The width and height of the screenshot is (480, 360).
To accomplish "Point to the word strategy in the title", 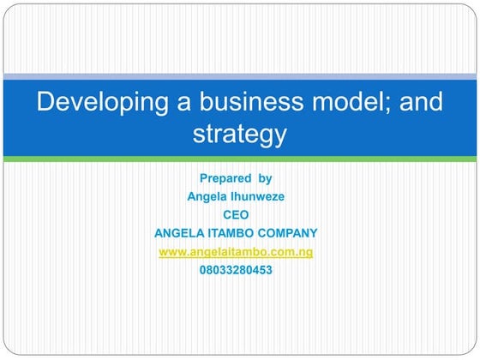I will click(239, 134).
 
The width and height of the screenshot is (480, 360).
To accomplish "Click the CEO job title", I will click(236, 214).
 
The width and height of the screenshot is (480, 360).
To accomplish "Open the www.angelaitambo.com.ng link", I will click(236, 251).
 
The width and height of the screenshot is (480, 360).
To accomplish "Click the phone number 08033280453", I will click(236, 269).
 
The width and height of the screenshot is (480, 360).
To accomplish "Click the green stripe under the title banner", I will click(239, 159).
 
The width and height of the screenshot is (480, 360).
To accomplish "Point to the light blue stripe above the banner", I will click(239, 77).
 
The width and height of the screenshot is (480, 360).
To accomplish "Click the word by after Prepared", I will click(265, 178).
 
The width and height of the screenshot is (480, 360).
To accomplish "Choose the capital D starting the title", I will click(45, 102).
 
